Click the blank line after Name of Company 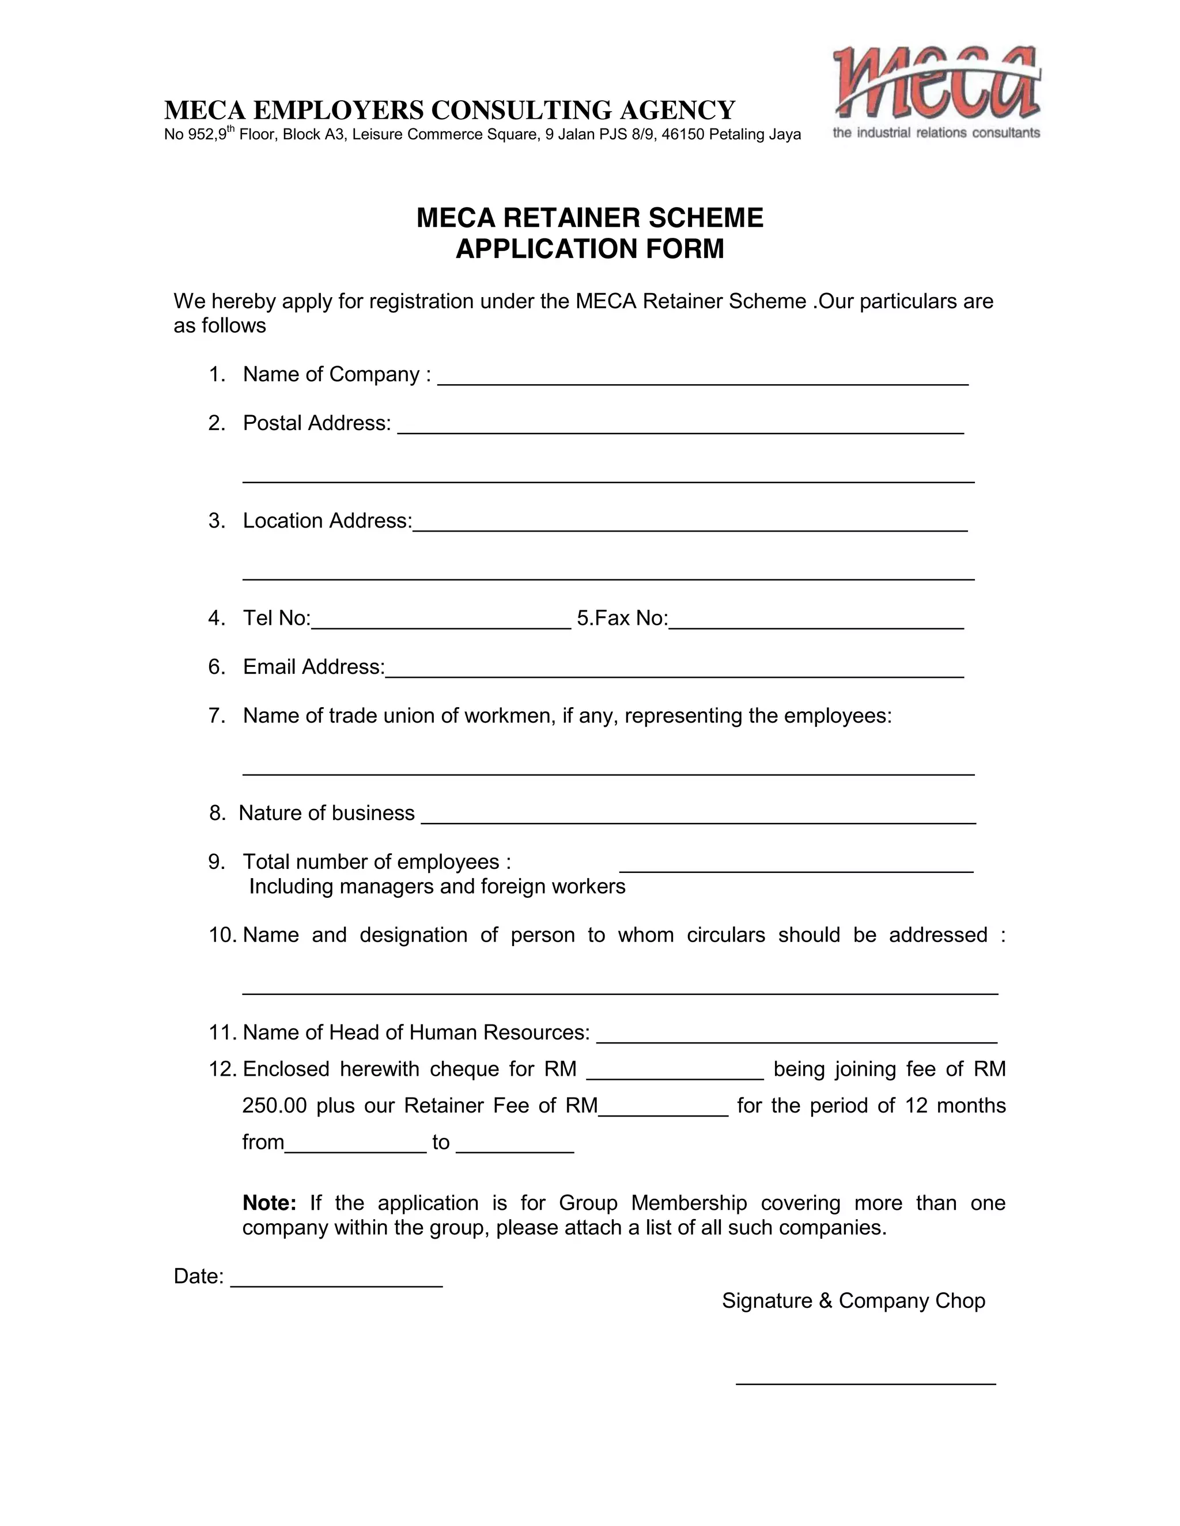[702, 381]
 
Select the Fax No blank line [816, 625]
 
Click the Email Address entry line [674, 674]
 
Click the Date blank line [336, 1284]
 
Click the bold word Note [269, 1203]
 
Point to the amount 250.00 [274, 1106]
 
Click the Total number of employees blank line [796, 869]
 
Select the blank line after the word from [356, 1149]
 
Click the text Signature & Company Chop [853, 1301]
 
